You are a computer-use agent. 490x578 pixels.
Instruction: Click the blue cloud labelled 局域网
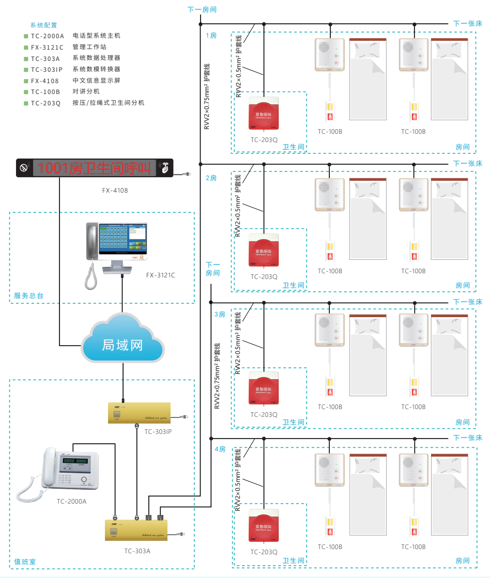[x=122, y=345]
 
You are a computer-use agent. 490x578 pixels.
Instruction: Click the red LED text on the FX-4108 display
[x=94, y=168]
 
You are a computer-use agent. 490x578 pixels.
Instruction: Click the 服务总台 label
[x=29, y=296]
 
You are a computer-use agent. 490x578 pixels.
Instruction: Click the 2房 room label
[x=211, y=178]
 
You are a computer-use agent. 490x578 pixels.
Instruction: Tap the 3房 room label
[x=220, y=314]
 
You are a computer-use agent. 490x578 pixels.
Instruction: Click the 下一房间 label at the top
[x=202, y=9]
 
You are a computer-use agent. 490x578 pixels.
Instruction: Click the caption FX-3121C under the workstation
[x=160, y=275]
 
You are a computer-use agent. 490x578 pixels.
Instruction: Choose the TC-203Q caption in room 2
[x=264, y=277]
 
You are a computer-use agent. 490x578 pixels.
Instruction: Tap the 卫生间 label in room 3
[x=293, y=423]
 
